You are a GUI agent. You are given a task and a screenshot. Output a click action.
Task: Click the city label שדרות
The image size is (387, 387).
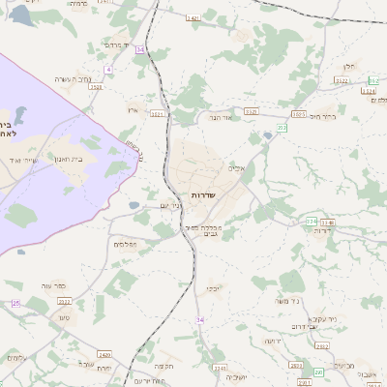click(202, 194)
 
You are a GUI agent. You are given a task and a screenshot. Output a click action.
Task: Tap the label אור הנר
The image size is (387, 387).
click(223, 117)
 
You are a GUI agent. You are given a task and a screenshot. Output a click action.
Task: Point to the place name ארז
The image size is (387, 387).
click(133, 110)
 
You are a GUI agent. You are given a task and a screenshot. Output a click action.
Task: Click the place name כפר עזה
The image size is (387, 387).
click(53, 286)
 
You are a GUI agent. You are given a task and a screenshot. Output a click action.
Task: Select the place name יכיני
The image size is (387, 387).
click(212, 288)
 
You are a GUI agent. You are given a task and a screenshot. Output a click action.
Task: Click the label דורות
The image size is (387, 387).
click(340, 230)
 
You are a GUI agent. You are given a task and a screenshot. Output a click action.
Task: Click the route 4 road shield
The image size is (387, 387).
click(109, 70)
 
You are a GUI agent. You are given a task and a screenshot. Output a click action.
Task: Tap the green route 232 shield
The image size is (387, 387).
click(283, 127)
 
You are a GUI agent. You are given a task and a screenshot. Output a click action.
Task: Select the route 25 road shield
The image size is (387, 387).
click(15, 304)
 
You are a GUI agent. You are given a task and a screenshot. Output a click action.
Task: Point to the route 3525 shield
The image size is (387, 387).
click(96, 86)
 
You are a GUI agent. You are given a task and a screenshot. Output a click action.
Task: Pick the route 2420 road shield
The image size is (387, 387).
click(104, 355)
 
